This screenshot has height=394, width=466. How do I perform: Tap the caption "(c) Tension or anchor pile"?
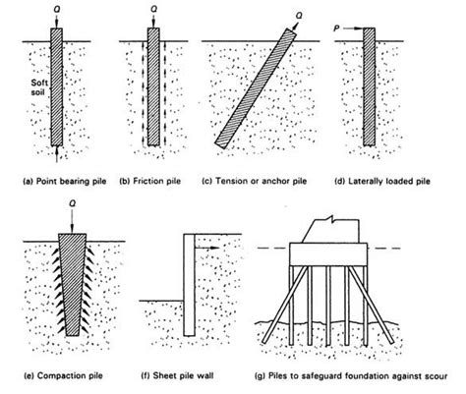251,181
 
